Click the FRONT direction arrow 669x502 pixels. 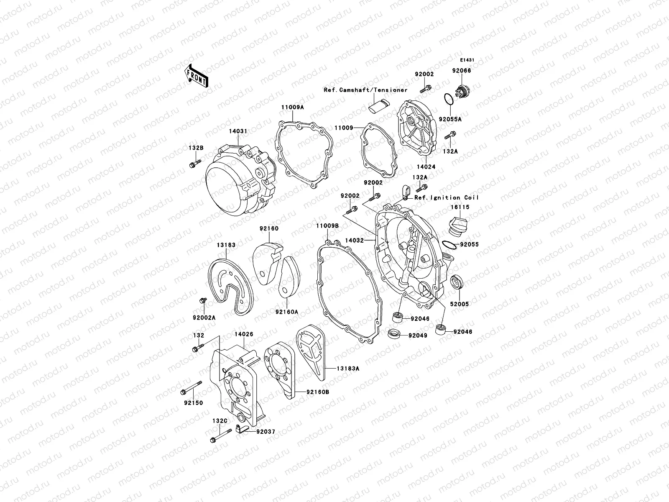coord(197,75)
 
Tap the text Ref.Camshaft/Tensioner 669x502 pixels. coord(365,90)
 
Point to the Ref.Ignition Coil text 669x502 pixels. coord(447,197)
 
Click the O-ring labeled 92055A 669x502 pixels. coord(447,100)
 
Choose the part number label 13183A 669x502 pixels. coord(348,369)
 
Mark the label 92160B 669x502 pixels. coord(317,392)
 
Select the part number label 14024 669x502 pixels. coord(426,166)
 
